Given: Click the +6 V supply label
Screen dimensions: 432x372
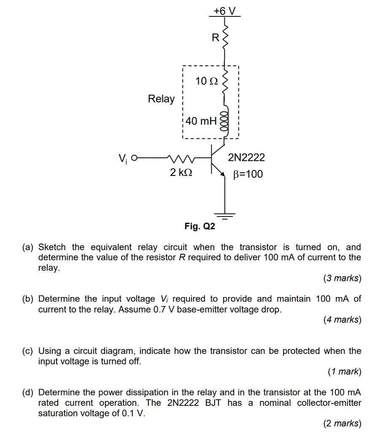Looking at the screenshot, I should point(224,11).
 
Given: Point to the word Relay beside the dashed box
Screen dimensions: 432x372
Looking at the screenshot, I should point(161,99).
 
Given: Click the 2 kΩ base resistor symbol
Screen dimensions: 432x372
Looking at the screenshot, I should point(181,159).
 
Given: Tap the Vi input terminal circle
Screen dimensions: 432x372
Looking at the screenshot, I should point(134,159).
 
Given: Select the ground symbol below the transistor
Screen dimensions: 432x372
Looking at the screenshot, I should point(225,215).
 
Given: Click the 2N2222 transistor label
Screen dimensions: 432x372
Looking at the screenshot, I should point(246,158).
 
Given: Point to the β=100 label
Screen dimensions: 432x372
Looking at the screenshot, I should point(248,174).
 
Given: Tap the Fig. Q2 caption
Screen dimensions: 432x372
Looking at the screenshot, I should point(199,227).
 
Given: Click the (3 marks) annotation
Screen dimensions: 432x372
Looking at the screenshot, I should point(342,278).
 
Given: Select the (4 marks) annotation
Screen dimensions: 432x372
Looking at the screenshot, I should point(342,320).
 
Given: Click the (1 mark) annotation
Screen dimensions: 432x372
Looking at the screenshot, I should point(344,372).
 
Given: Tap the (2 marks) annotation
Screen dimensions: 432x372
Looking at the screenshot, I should point(342,423).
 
